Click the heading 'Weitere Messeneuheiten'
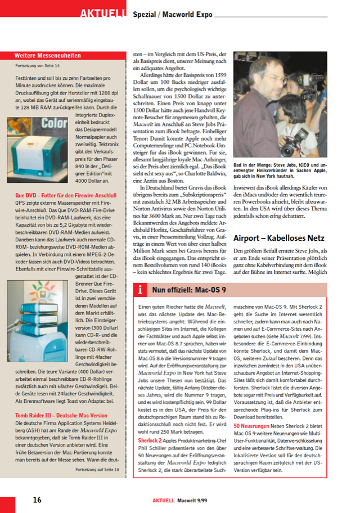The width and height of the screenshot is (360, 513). click(47, 56)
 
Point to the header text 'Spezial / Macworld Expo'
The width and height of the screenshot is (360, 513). click(172, 14)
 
